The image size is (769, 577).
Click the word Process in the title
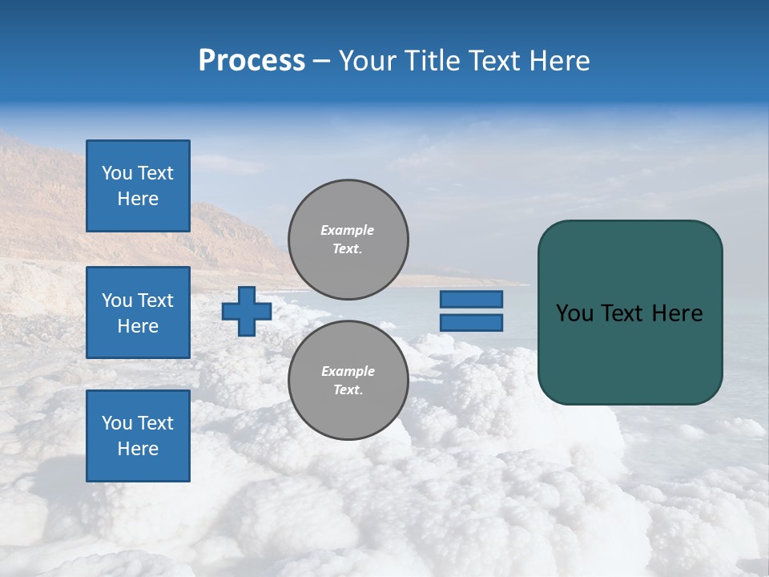[252, 61]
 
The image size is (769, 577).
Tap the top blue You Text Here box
[138, 186]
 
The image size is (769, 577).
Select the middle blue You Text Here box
[138, 313]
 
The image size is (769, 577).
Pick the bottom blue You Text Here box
[138, 435]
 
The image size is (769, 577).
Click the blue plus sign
[247, 311]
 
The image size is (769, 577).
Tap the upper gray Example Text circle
[348, 240]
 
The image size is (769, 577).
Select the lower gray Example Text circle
[348, 381]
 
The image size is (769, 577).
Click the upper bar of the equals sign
[471, 300]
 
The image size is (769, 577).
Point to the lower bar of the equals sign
[471, 323]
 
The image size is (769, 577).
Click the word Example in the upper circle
[347, 230]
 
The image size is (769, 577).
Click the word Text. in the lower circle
[348, 390]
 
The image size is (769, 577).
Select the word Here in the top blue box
[138, 199]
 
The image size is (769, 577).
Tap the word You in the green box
[574, 313]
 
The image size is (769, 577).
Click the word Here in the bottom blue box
[138, 449]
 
